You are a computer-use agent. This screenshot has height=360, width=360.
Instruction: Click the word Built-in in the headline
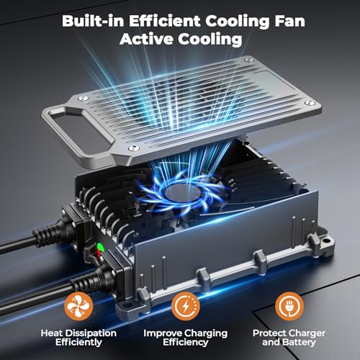[93, 21]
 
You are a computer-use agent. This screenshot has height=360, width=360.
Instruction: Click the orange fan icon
[78, 307]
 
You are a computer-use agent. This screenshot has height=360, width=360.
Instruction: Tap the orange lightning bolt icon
[186, 307]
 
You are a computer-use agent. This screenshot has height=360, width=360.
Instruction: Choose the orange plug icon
[289, 307]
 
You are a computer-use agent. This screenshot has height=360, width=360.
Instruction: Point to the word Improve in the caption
[163, 333]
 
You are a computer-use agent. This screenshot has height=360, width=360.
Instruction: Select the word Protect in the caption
[268, 333]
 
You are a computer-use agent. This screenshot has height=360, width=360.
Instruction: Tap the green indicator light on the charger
[100, 246]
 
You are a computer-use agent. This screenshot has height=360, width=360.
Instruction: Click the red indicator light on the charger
[99, 254]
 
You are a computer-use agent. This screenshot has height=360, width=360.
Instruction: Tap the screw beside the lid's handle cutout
[83, 98]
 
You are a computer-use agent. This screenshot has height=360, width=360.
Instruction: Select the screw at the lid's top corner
[248, 59]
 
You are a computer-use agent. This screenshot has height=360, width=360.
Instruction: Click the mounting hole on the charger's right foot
[325, 240]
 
